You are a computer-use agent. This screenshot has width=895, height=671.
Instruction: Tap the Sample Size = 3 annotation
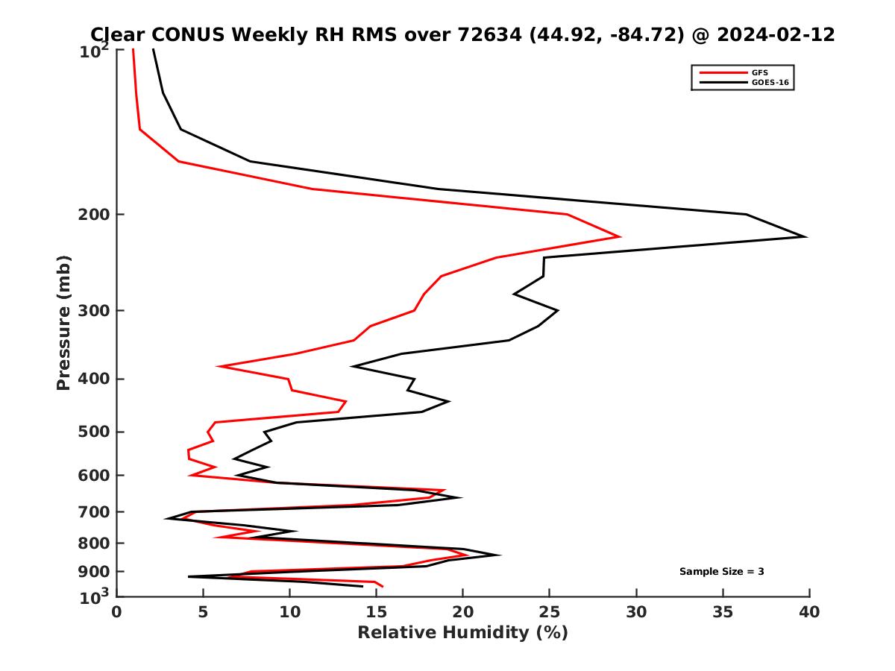click(721, 572)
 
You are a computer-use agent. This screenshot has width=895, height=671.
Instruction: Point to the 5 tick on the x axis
click(203, 612)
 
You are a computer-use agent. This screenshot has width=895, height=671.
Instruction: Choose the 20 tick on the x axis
click(462, 612)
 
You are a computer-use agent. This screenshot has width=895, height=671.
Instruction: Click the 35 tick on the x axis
click(722, 612)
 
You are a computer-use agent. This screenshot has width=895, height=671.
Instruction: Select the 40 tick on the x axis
click(808, 612)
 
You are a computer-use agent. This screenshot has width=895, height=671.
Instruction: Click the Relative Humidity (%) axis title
click(462, 633)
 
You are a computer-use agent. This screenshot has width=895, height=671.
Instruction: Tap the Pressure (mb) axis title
click(63, 322)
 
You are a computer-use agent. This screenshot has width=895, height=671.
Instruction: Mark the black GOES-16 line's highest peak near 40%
click(805, 236)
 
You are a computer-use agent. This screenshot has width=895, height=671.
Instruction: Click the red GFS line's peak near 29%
click(620, 236)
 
